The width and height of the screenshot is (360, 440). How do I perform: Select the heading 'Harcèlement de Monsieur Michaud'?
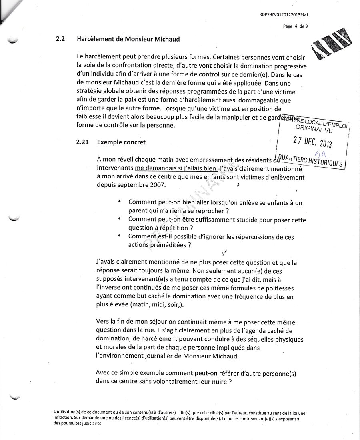click(x=128, y=39)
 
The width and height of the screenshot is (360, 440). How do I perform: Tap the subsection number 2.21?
click(x=82, y=142)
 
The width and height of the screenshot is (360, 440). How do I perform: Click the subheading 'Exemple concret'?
click(x=121, y=142)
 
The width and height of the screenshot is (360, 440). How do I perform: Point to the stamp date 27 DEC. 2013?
click(x=312, y=141)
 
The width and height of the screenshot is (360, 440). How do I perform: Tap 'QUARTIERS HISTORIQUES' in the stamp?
click(x=310, y=161)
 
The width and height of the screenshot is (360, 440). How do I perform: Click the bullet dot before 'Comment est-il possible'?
click(x=120, y=236)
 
